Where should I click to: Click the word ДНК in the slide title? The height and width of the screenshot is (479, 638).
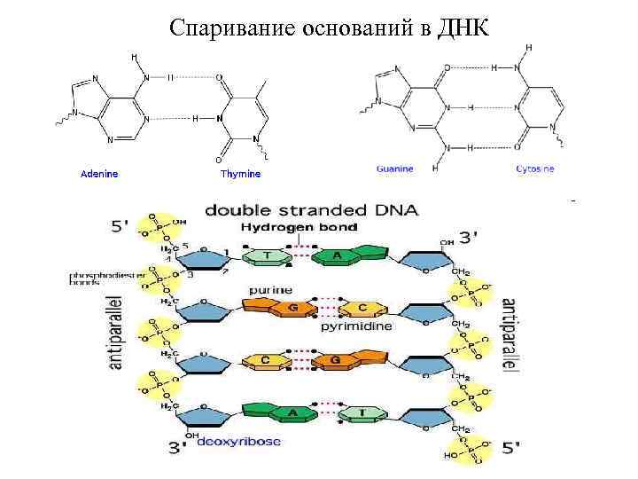click(462, 27)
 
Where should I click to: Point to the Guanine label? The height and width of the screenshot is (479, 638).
click(394, 169)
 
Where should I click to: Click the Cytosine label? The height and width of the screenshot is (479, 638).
click(535, 169)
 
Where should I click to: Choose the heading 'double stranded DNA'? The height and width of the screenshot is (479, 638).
click(311, 210)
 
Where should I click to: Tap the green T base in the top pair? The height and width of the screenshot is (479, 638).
click(263, 257)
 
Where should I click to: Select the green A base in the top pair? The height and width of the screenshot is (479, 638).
click(337, 256)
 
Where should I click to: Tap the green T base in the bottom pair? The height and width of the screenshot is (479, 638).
click(364, 412)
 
